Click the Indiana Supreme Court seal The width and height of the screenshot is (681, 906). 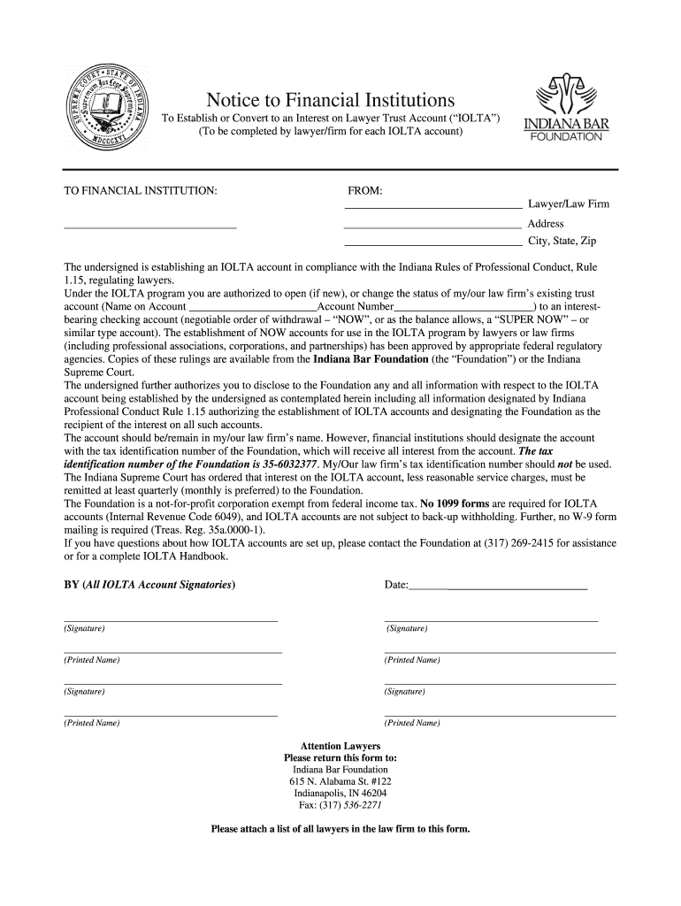(x=111, y=112)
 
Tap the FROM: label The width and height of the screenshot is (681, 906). (x=364, y=191)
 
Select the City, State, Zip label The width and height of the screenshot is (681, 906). (x=562, y=241)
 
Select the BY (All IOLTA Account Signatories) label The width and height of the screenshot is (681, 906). (x=149, y=586)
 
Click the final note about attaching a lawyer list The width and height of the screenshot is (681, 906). (x=340, y=829)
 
